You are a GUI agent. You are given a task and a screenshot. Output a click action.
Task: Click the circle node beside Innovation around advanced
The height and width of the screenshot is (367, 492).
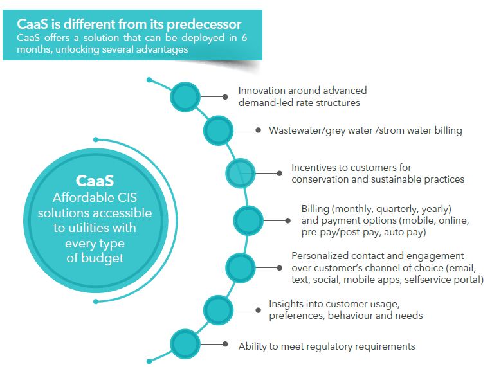185,96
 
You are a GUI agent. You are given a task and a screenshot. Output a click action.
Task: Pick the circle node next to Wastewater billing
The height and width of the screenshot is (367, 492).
218,130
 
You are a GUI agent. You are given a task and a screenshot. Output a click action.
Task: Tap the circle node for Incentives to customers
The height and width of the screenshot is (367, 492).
241,172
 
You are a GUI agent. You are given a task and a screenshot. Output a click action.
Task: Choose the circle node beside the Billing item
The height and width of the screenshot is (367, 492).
248,220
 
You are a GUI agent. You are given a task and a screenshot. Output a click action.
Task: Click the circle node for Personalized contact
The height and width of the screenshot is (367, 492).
241,267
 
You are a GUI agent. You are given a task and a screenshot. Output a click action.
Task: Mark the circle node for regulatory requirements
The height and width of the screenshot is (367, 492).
185,341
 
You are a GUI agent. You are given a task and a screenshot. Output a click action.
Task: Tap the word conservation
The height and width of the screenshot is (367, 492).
321,179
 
